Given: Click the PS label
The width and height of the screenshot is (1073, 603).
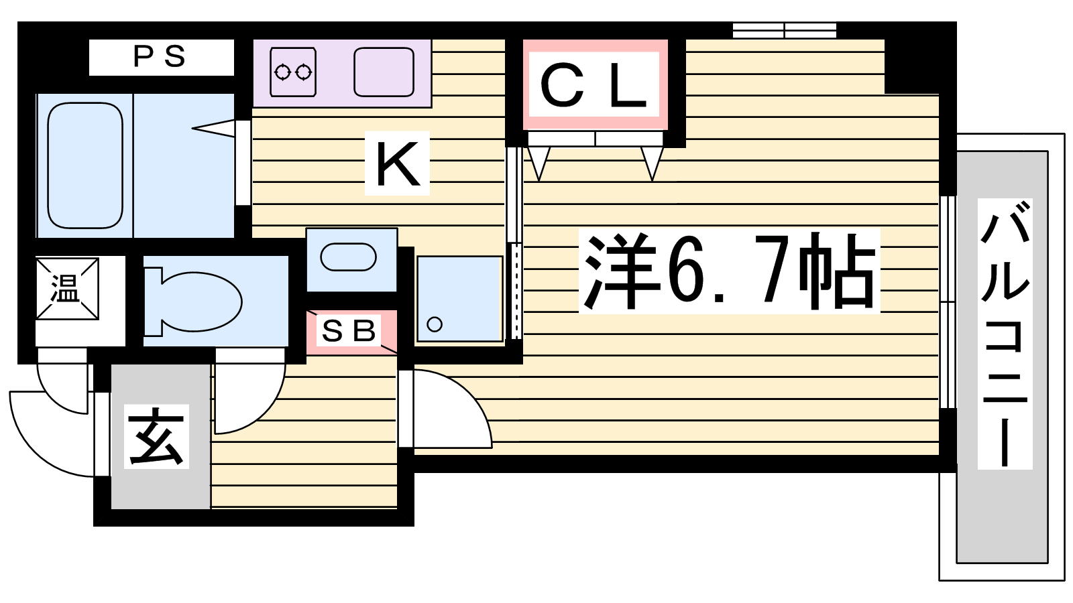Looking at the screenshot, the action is [x=160, y=57].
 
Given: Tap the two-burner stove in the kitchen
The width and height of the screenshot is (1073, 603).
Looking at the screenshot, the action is [x=292, y=72].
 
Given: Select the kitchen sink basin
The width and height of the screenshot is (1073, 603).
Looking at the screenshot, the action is [x=384, y=72].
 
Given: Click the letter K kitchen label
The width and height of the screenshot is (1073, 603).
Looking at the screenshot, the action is [x=397, y=163].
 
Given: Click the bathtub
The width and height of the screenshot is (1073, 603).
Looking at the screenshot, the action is [x=85, y=165].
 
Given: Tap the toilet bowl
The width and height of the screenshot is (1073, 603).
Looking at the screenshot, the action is [x=201, y=301].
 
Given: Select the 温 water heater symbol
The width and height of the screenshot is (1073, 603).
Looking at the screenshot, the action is [x=66, y=289].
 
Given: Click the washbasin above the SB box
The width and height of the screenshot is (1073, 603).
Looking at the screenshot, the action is [x=348, y=257].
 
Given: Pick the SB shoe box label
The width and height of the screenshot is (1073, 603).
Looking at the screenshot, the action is [x=348, y=331].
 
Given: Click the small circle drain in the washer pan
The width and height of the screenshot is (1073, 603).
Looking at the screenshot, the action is [x=435, y=324].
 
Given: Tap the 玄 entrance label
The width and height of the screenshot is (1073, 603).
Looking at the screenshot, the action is [x=156, y=436].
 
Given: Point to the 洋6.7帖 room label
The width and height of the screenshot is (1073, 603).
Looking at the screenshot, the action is [x=729, y=271].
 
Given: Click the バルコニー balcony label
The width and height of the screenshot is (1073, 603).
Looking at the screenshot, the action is [x=1005, y=334].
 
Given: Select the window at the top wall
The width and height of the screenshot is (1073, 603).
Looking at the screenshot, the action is [x=784, y=30].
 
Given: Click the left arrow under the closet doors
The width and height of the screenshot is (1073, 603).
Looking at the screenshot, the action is [x=539, y=163].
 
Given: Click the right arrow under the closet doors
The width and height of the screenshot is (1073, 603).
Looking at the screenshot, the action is [x=652, y=163].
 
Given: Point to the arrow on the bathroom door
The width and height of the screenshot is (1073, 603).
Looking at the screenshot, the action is [x=213, y=128].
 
